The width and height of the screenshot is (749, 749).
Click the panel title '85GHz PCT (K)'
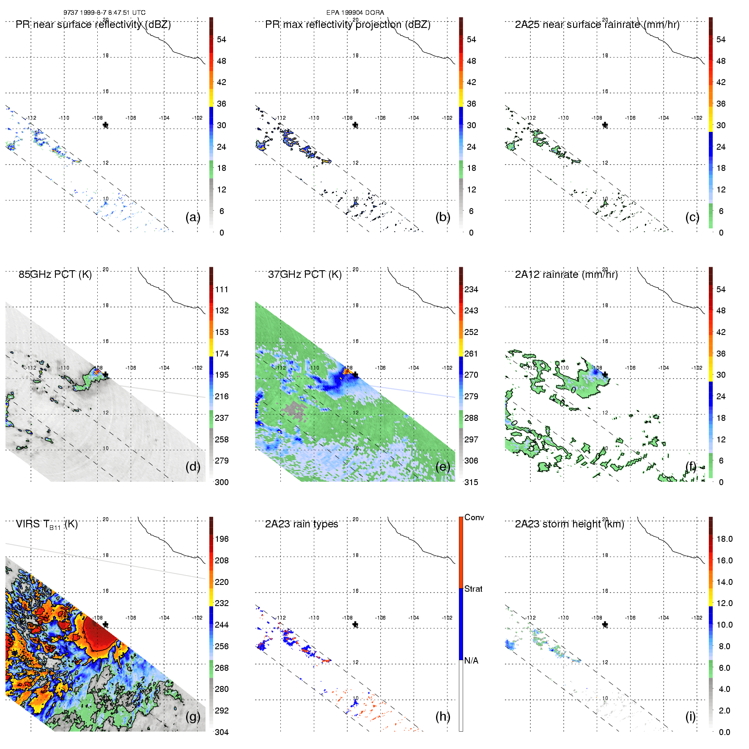[x=55, y=274]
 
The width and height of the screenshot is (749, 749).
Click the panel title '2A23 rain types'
[x=302, y=524]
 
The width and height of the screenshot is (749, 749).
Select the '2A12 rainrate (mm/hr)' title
[x=566, y=274]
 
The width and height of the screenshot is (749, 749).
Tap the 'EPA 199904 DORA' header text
[x=355, y=13]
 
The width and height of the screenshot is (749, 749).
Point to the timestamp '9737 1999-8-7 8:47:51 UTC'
[x=104, y=13]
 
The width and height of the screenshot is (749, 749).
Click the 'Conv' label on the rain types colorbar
[x=474, y=517]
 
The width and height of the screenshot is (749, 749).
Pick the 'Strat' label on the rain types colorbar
[x=473, y=589]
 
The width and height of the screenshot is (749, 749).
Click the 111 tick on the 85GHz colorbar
[x=222, y=289]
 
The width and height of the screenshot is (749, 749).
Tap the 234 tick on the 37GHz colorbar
[x=471, y=289]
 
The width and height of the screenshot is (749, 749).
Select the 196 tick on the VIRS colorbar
[x=222, y=539]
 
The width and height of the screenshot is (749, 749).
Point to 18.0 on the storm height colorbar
[x=724, y=539]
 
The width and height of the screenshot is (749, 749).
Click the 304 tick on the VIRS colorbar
[x=222, y=732]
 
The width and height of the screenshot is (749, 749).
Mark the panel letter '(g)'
[x=193, y=716]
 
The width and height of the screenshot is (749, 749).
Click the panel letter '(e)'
[x=443, y=466]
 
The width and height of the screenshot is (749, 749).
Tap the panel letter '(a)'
[x=193, y=217]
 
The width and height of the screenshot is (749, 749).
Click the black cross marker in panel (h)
[x=355, y=625]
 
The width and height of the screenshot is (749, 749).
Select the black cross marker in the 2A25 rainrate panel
[x=605, y=125]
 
